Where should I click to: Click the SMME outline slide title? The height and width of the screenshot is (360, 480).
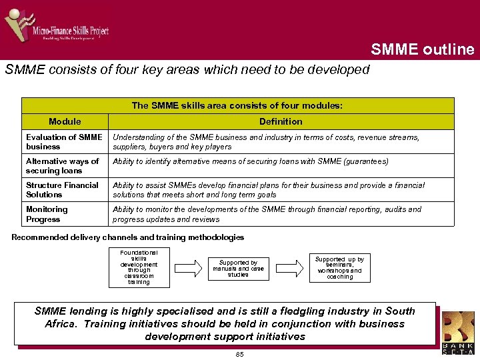pos(422,49)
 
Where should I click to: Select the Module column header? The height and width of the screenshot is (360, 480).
pos(65,121)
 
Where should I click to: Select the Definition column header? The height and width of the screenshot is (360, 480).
pos(281,121)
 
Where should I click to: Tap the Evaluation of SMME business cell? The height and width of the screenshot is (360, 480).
pos(65,142)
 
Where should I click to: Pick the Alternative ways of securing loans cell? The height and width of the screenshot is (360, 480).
pos(65,166)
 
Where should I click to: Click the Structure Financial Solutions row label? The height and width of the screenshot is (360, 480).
pos(65,190)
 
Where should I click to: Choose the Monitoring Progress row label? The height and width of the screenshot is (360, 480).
pos(65,214)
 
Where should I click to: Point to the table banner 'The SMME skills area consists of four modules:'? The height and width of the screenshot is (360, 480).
pos(237,105)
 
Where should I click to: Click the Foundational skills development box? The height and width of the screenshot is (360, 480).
pos(139,267)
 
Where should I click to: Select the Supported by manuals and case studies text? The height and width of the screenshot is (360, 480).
pos(238,268)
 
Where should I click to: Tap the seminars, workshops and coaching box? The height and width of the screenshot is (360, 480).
pos(339,268)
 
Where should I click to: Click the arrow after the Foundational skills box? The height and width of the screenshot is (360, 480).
pos(187,268)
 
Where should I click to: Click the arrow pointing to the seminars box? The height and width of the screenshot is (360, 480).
pos(288,268)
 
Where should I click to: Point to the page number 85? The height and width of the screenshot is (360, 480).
pos(240,354)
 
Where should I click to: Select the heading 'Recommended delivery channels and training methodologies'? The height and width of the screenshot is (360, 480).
pos(128,237)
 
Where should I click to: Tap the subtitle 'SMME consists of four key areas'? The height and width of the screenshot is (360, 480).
pos(187,69)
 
